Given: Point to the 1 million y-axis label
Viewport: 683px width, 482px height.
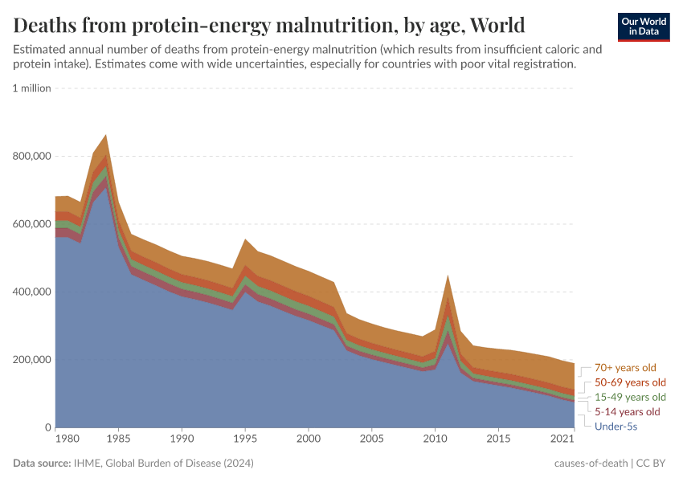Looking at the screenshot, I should (x=32, y=88).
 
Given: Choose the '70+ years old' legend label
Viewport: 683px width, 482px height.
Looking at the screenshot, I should (x=627, y=369).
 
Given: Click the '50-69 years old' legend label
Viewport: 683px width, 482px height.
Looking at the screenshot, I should (x=630, y=382).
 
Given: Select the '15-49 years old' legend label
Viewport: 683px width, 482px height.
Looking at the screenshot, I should (x=630, y=397).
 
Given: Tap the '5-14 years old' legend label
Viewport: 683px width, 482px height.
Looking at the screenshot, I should (x=627, y=411).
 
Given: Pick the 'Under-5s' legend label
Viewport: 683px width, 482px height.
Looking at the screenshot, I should (x=616, y=426).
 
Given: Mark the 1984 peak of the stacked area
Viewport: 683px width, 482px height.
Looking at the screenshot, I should (x=106, y=136).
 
